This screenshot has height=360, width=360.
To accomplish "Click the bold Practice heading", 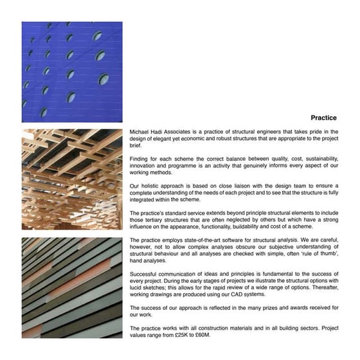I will [x=324, y=118].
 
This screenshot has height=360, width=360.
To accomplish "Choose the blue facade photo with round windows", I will [x=71, y=71].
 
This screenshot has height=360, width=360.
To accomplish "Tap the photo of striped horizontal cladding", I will [x=71, y=287].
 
